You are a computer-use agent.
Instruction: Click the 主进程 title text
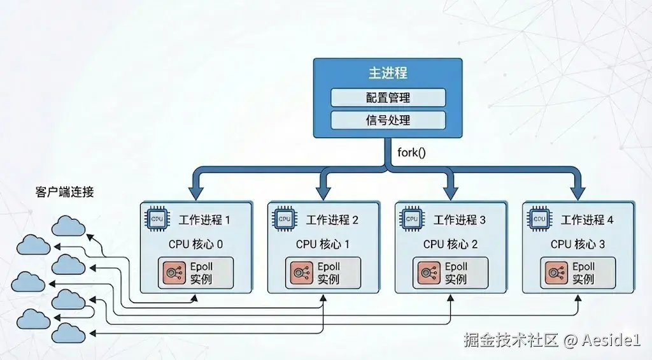[x=387, y=73]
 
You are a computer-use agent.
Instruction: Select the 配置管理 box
[x=387, y=97]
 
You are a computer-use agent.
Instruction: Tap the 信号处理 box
[x=387, y=120]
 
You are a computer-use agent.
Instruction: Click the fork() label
[x=412, y=152]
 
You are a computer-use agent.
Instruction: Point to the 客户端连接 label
[x=65, y=192]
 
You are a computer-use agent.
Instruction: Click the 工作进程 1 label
[x=204, y=220]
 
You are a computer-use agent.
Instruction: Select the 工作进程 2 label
[x=332, y=220]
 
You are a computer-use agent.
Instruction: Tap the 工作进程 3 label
[x=460, y=220]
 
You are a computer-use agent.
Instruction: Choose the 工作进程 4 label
[x=587, y=220]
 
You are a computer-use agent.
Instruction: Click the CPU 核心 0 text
[x=195, y=244]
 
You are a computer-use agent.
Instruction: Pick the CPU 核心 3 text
[x=578, y=244]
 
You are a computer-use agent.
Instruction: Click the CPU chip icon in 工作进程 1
[x=157, y=219]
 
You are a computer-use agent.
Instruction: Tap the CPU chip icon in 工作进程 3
[x=412, y=219]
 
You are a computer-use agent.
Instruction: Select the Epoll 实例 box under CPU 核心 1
[x=323, y=273]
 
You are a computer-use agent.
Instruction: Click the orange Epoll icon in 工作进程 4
[x=553, y=273]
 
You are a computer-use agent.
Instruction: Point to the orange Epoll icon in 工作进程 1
[x=171, y=273]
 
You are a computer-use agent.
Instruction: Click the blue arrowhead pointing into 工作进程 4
[x=578, y=192]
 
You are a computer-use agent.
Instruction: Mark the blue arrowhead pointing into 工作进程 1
[x=195, y=192]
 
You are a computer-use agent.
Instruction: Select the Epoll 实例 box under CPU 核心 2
[x=450, y=273]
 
